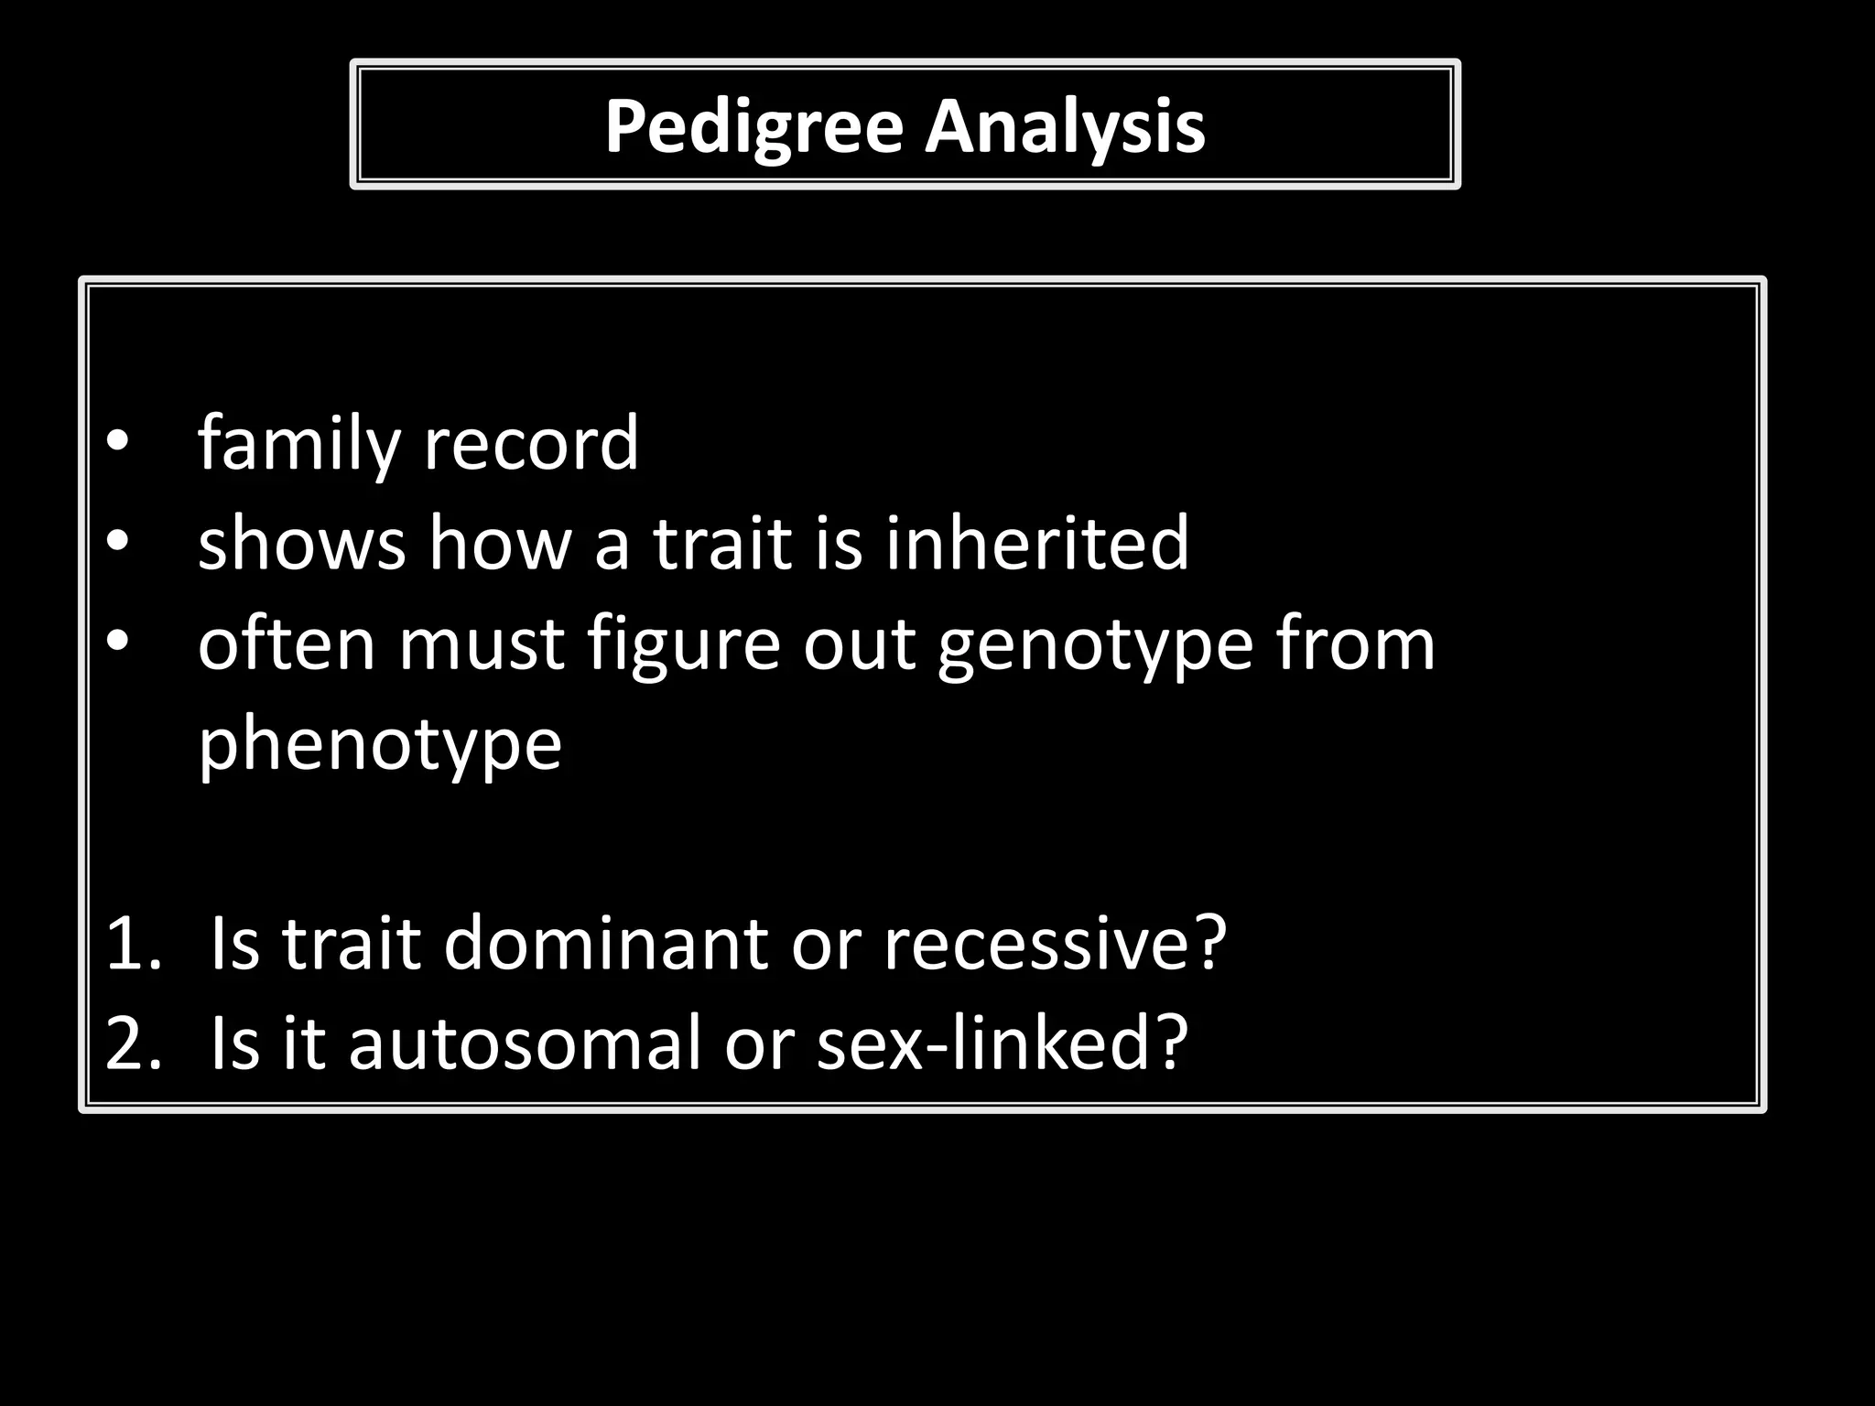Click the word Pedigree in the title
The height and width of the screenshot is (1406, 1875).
[x=753, y=126]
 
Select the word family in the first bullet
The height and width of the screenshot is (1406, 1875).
[x=298, y=444]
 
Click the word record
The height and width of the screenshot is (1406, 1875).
[x=531, y=444]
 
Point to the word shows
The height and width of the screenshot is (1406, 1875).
[x=301, y=543]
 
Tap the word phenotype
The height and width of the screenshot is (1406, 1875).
[x=379, y=744]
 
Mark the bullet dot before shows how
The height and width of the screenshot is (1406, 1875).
[x=117, y=543]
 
